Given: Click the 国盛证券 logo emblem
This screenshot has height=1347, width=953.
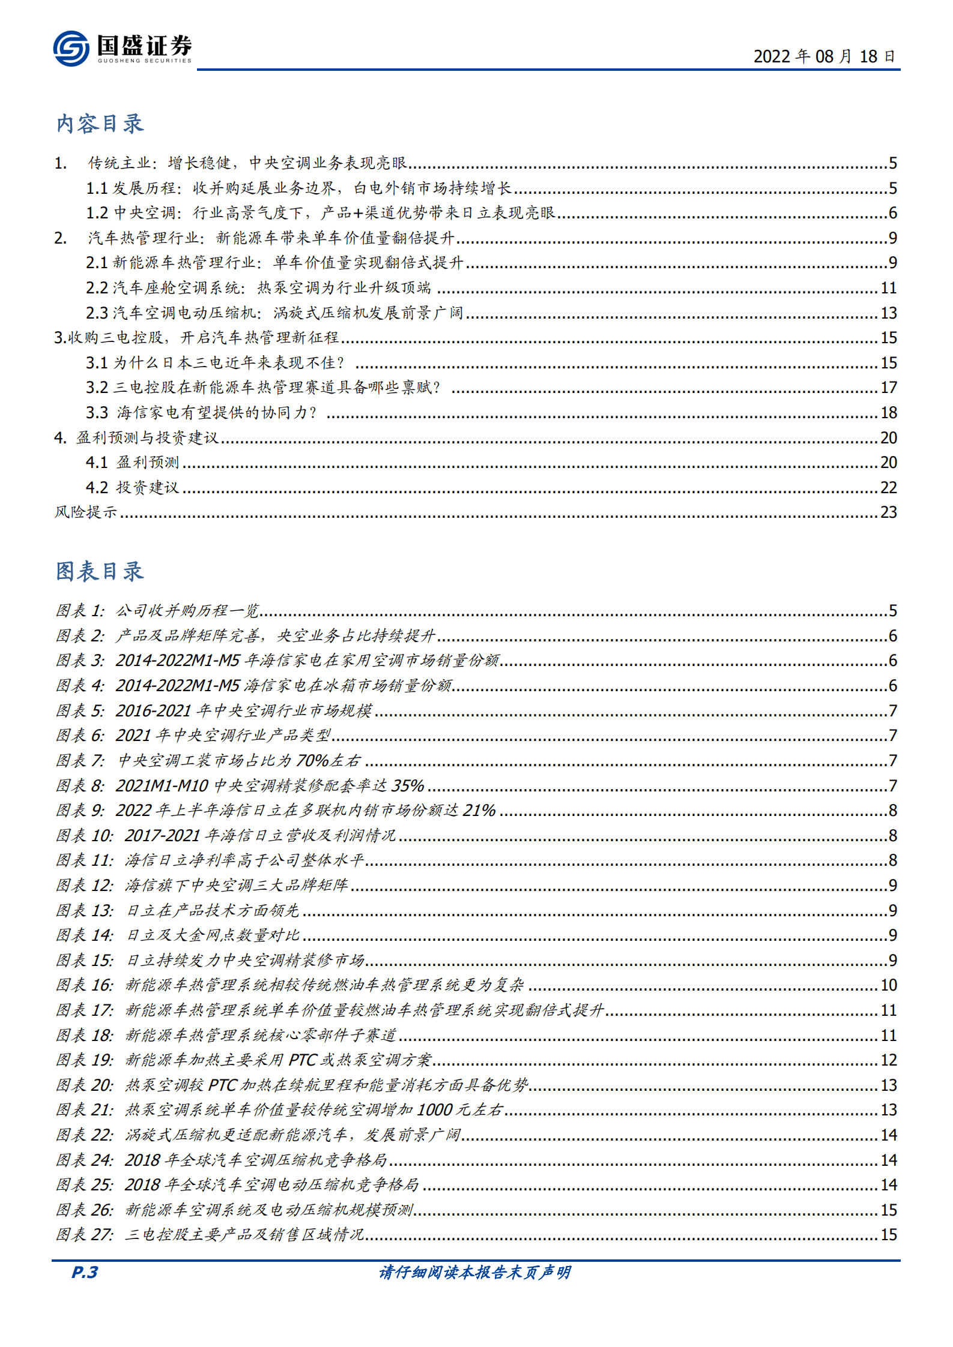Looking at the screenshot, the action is [x=71, y=48].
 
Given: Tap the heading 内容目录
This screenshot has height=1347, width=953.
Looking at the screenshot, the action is [x=100, y=124].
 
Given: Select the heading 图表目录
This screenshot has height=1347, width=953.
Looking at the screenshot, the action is [x=100, y=571].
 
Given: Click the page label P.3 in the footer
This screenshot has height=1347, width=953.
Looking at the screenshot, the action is [x=85, y=1272].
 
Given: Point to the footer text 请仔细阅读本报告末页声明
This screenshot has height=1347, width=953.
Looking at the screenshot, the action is [x=475, y=1272].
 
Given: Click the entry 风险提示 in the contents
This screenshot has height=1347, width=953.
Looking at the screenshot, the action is [x=86, y=512].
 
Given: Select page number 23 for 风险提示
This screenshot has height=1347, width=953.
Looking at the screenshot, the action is [x=888, y=512].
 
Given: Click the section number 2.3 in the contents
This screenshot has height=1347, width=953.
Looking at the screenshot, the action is [x=97, y=313].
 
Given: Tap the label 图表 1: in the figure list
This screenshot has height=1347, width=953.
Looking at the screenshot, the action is [x=80, y=611].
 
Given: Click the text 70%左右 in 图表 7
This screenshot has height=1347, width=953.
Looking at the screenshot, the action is [x=328, y=761].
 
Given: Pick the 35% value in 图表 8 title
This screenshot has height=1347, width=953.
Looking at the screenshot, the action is [x=408, y=786].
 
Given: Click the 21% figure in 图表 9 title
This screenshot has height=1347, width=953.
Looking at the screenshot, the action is [x=479, y=811].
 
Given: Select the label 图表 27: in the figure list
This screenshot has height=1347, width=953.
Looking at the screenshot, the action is [x=85, y=1235].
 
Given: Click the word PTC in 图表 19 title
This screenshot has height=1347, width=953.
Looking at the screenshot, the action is [x=302, y=1060].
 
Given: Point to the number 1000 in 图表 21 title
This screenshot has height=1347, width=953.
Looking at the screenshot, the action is [x=435, y=1110].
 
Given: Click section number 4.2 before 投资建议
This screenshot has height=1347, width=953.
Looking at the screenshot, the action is [x=97, y=488].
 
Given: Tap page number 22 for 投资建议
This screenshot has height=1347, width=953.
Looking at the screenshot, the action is [x=888, y=488].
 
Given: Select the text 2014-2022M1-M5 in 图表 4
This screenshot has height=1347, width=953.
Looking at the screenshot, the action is [x=178, y=686].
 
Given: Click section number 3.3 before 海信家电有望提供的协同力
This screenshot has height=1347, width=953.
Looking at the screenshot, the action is [x=97, y=413].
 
